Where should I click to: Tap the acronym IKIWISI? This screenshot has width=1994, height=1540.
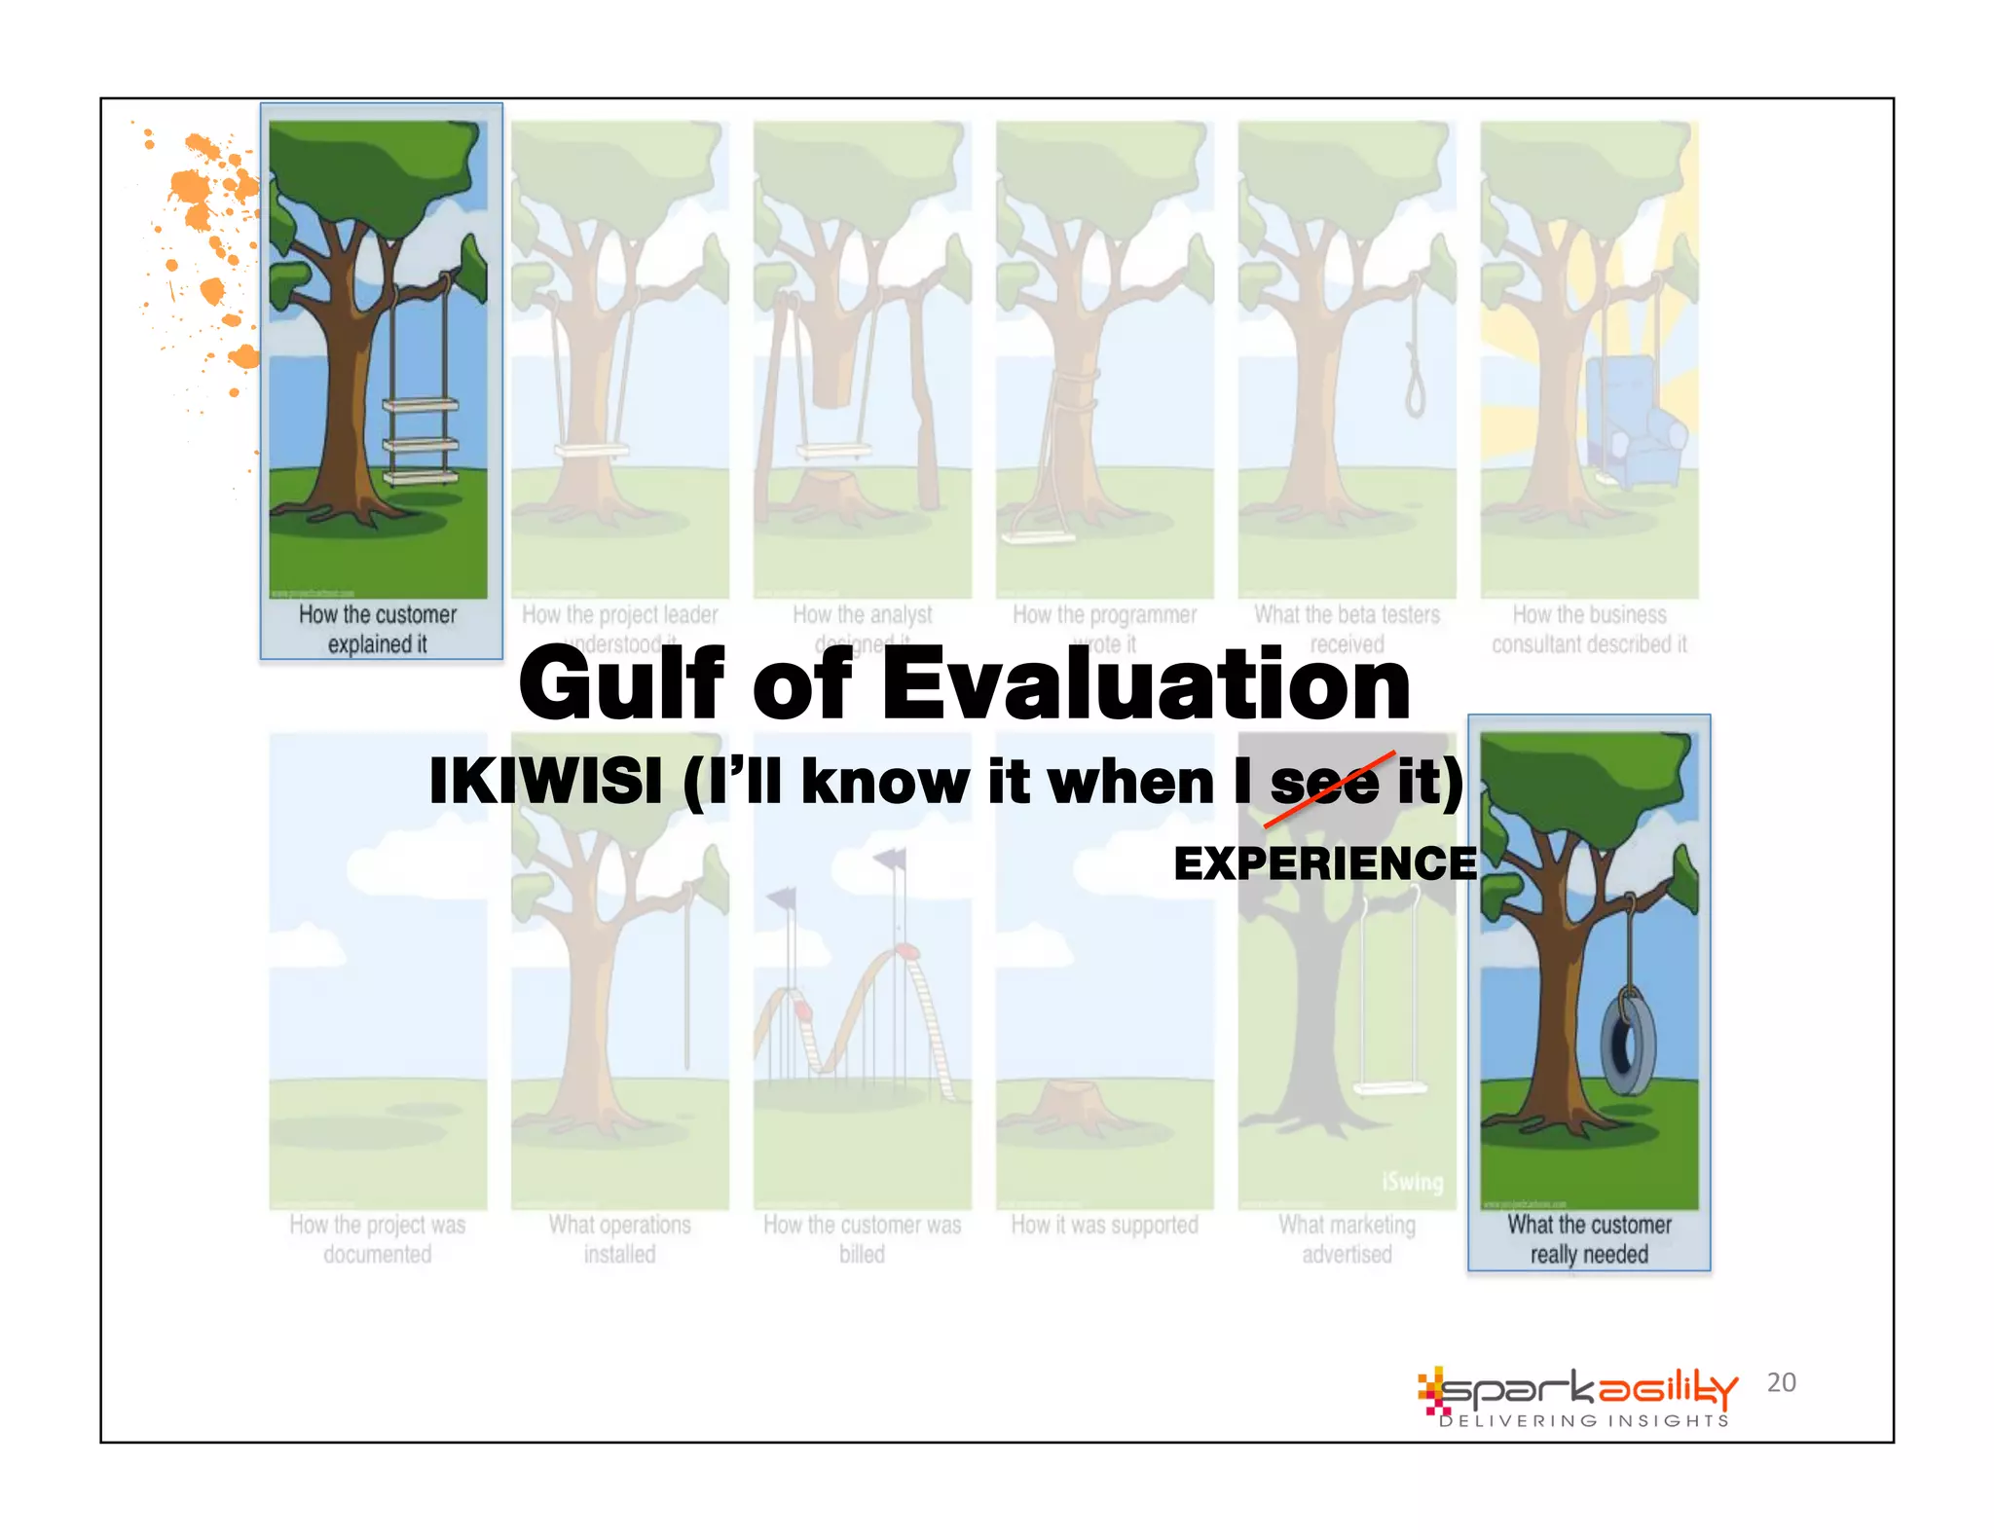pos(545,781)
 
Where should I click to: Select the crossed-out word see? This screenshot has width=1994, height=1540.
pos(1324,783)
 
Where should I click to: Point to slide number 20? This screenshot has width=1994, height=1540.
pos(1781,1382)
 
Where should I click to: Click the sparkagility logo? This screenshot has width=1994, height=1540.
pos(1577,1390)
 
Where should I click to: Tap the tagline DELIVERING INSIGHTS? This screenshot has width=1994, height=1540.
pos(1584,1421)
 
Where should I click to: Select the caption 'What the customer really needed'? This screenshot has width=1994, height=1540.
pos(1589,1239)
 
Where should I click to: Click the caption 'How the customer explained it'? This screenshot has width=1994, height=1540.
pos(378,629)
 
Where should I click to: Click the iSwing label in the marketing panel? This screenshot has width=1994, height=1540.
pos(1412,1182)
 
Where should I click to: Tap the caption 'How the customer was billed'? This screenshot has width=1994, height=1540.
pos(862,1239)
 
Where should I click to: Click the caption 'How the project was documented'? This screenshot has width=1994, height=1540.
pos(378,1239)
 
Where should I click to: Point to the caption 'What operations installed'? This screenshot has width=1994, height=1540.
pos(620,1239)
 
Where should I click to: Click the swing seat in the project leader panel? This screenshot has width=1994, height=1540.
pos(591,451)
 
